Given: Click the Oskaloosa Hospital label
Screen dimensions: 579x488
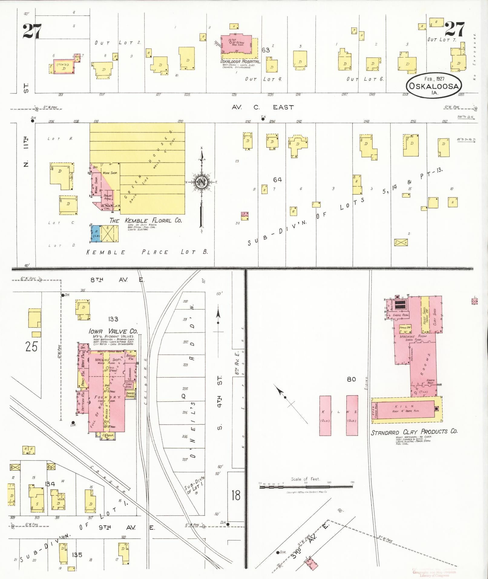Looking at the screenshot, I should pos(240,61).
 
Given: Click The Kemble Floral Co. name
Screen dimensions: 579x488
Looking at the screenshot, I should pos(146,221).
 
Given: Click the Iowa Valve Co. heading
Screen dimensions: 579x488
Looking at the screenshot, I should pos(113,331).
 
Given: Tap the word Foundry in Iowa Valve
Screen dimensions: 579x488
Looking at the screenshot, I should pos(108,397).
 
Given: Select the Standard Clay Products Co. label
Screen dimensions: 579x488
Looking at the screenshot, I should pos(414,432).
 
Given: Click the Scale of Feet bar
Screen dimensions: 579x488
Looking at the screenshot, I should pos(306,487).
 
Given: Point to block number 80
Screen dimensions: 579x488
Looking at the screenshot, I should pos(351,379).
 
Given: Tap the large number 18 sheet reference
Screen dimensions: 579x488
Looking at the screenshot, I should pos(236,495).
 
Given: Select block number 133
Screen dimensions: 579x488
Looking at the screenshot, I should pos(113,319).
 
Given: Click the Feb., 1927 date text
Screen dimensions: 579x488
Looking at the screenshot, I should pos(434,79).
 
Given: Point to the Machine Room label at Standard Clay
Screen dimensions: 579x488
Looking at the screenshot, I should pos(413,336).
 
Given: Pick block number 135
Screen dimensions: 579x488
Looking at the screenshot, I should pos(77,555).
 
